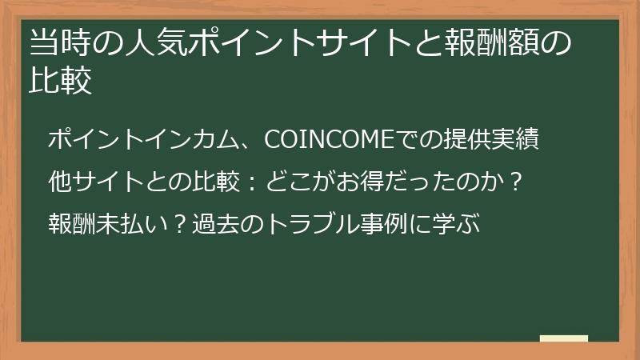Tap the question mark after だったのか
pyautogui.click(x=515, y=182)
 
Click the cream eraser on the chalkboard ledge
pyautogui.click(x=563, y=339)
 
